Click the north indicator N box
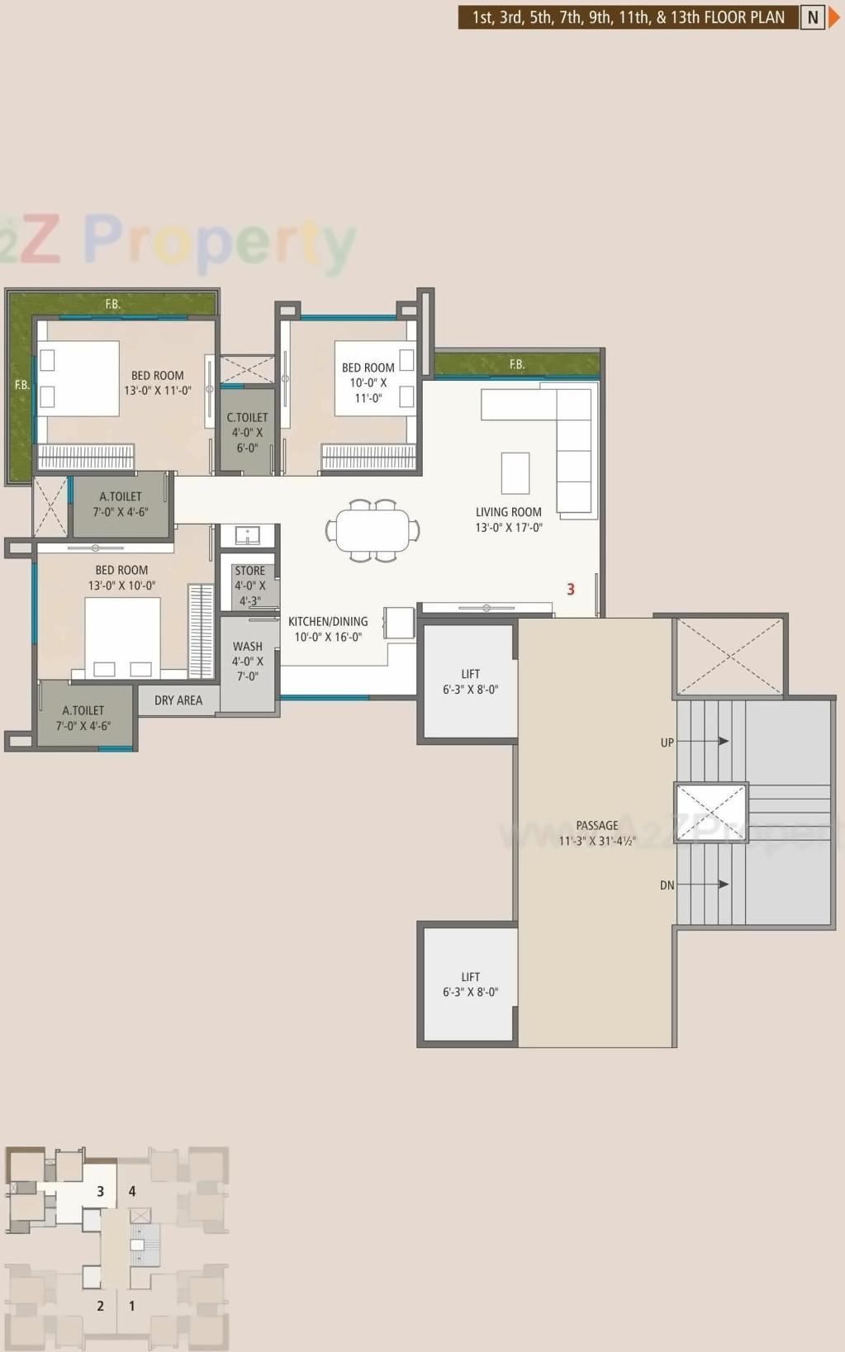813,17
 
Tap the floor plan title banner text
628,17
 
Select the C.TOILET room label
247,432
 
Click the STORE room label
249,586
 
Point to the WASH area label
247,661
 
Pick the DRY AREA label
178,700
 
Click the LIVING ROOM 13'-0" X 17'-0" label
508,519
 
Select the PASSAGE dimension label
596,833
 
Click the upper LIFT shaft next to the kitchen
470,681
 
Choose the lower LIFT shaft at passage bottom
470,984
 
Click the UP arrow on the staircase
702,742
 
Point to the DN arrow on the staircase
702,885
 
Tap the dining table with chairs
373,531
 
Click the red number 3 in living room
570,589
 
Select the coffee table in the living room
515,473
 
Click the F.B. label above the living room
516,364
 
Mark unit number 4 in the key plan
132,1191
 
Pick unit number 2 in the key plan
101,1306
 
